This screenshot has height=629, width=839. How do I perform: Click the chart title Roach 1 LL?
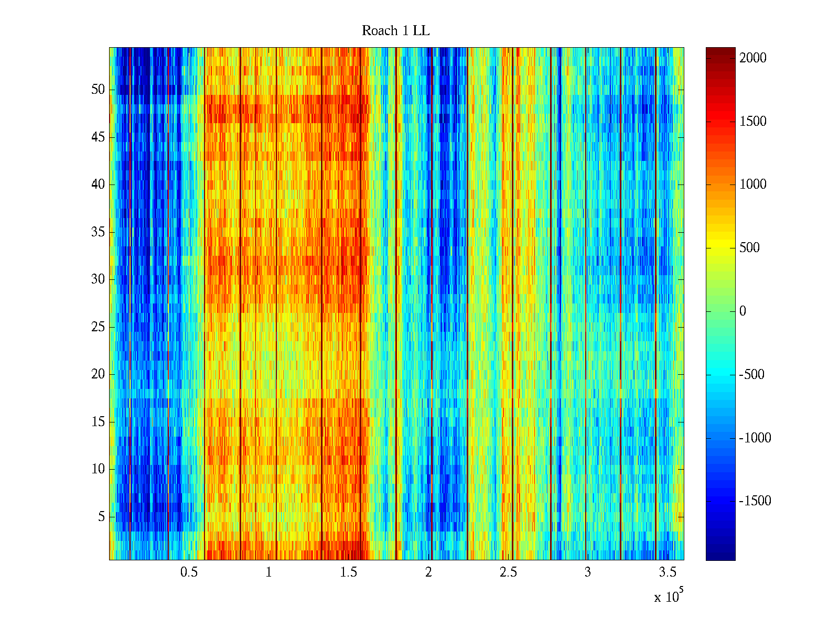[395, 31]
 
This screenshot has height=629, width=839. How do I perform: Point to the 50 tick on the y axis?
[98, 90]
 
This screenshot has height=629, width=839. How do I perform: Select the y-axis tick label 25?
[98, 327]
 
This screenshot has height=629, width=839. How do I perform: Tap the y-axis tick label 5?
[101, 517]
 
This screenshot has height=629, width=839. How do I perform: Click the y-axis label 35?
[98, 232]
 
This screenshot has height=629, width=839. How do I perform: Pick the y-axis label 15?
[98, 422]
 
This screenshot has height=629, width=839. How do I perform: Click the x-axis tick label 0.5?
[189, 572]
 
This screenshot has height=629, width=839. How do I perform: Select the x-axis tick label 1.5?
[349, 572]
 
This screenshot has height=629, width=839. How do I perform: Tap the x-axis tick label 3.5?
[668, 572]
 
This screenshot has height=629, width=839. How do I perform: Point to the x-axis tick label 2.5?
[508, 572]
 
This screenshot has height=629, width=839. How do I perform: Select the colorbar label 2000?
[753, 58]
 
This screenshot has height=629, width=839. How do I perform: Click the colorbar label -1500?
[755, 501]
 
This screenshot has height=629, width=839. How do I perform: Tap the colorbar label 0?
[743, 311]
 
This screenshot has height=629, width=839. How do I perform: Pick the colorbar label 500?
[749, 248]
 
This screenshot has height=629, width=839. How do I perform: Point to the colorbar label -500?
[751, 375]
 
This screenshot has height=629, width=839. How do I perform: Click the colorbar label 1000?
[753, 185]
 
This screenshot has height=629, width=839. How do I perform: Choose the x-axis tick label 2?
[428, 572]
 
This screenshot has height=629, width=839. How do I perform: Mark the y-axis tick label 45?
[98, 137]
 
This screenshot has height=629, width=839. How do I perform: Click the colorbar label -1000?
[755, 438]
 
